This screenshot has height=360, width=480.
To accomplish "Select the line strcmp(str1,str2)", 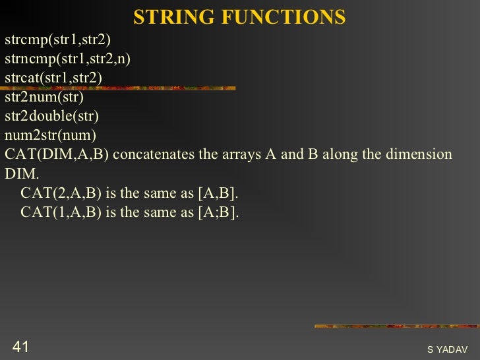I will [x=57, y=40].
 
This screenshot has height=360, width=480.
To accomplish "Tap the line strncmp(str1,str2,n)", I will [x=67, y=59].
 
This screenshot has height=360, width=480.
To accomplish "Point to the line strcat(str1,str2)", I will [x=53, y=78].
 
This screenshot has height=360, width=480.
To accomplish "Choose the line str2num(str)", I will [x=44, y=98].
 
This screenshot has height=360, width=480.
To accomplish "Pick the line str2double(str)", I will [x=51, y=117].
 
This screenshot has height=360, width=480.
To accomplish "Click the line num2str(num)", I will [x=50, y=136].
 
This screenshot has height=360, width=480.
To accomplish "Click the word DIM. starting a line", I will [x=22, y=174].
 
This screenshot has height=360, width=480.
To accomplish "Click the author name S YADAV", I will [x=447, y=349].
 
